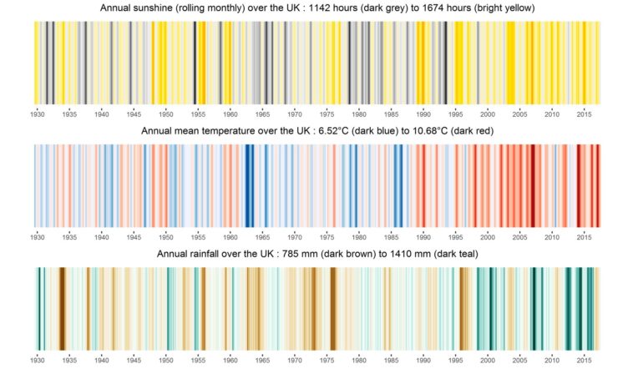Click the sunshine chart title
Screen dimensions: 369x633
tap(316, 8)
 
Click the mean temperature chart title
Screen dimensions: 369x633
tap(316, 131)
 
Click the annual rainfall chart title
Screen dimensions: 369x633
tap(316, 254)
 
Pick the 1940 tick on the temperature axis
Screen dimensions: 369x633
tap(101, 237)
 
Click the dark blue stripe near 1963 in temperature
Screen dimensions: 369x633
tap(249, 184)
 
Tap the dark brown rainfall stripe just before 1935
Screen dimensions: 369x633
tap(62, 306)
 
